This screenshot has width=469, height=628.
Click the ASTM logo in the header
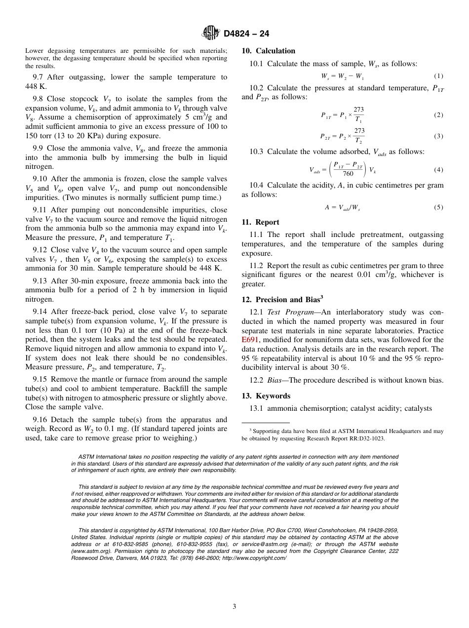(211, 33)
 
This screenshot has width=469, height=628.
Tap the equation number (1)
(438, 76)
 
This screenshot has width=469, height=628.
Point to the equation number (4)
(438, 170)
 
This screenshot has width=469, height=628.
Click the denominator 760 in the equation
(348, 174)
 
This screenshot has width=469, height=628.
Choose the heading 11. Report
(260, 222)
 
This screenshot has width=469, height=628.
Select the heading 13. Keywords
(266, 396)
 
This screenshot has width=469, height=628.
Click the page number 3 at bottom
(234, 606)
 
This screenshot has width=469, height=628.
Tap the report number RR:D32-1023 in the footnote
(364, 438)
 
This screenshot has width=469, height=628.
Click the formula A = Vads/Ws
(342, 208)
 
